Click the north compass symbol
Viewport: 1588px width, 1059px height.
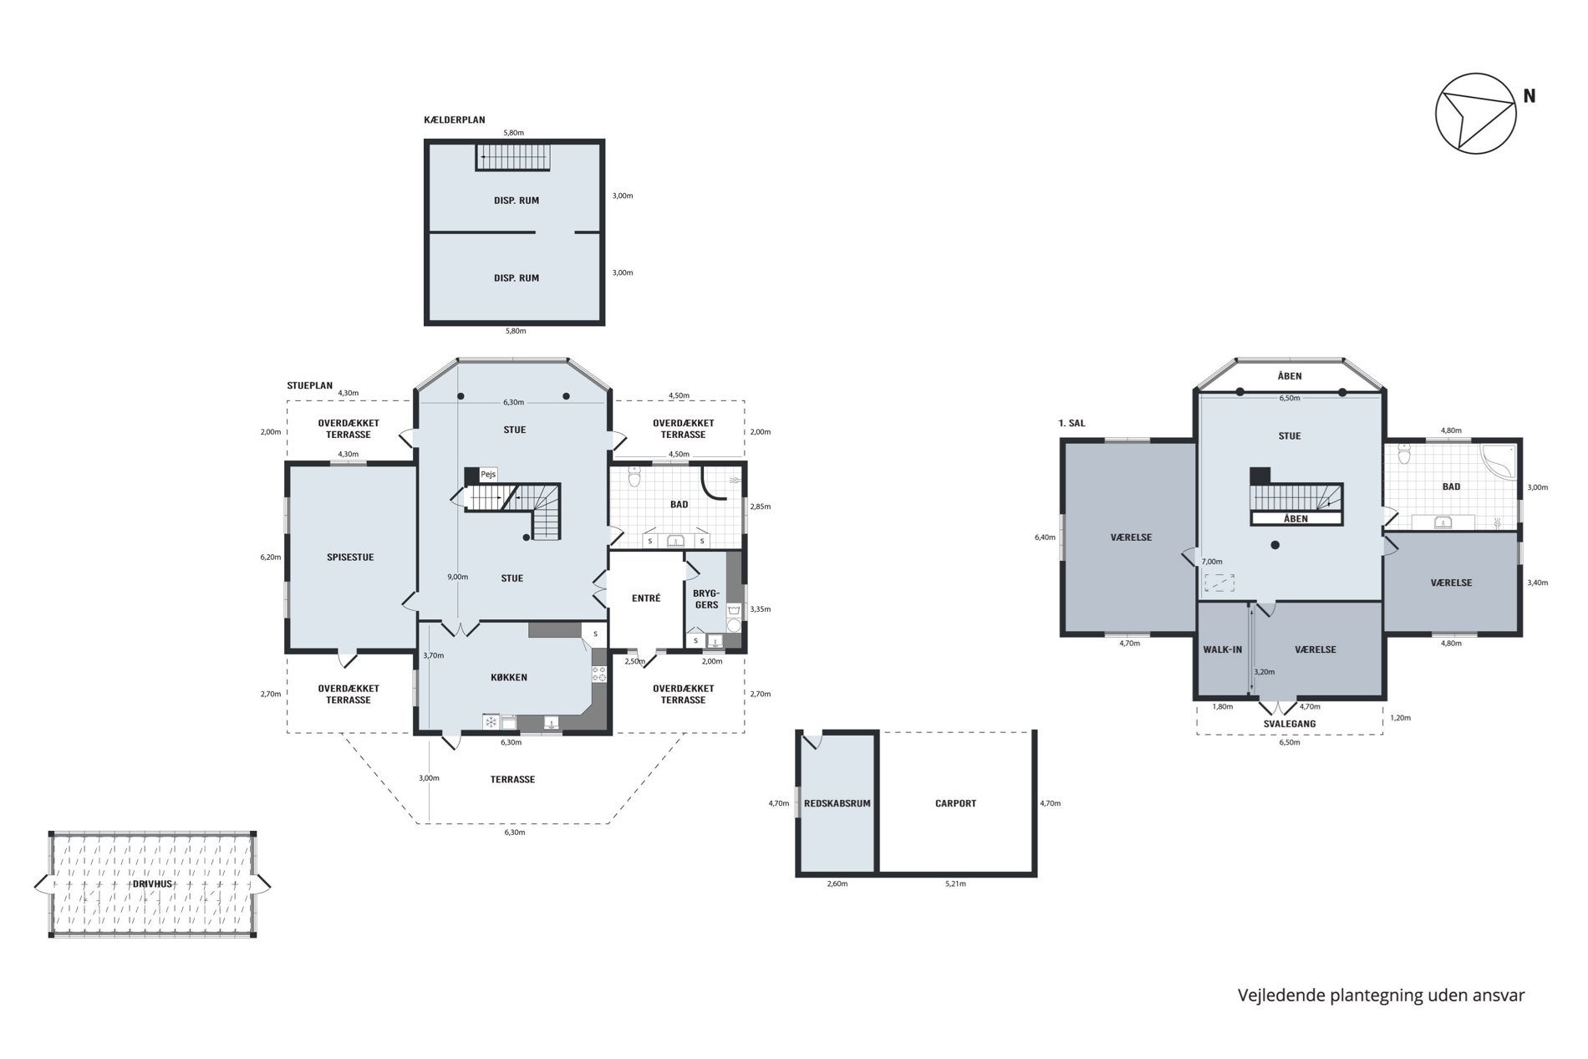[1475, 113]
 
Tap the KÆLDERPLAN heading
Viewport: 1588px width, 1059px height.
[455, 120]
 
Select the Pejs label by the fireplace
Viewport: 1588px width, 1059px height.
[488, 474]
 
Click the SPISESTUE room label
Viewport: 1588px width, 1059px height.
[350, 557]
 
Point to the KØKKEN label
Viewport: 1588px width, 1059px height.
[509, 677]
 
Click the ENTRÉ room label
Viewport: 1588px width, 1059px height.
[646, 598]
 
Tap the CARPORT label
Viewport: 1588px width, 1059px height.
[955, 803]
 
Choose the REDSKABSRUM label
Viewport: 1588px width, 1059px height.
[837, 803]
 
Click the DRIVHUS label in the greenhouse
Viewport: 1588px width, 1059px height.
[152, 883]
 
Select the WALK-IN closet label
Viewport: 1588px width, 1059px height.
[1223, 649]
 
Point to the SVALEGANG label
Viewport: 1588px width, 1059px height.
[1290, 724]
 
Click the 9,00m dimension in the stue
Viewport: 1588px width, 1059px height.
[458, 577]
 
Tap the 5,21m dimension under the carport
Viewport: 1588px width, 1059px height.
[955, 883]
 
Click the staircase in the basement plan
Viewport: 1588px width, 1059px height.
[514, 156]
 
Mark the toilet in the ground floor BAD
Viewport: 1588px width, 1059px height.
[634, 476]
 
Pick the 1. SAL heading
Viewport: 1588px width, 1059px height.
[1071, 423]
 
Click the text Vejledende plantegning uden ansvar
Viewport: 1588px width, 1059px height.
[1381, 995]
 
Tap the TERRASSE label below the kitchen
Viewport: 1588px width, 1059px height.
[512, 779]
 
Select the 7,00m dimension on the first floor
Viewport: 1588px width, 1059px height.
[1212, 562]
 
